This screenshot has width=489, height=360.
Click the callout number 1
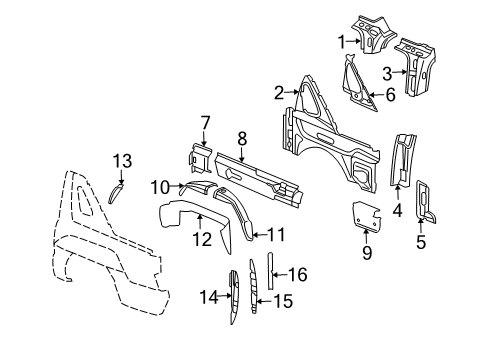pyautogui.click(x=343, y=41)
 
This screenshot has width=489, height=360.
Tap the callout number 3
pyautogui.click(x=387, y=72)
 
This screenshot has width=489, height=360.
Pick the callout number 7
pyautogui.click(x=204, y=122)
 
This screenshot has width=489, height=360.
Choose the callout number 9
pyautogui.click(x=367, y=253)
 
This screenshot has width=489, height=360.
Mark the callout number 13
pyautogui.click(x=121, y=161)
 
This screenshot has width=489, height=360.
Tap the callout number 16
pyautogui.click(x=298, y=272)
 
